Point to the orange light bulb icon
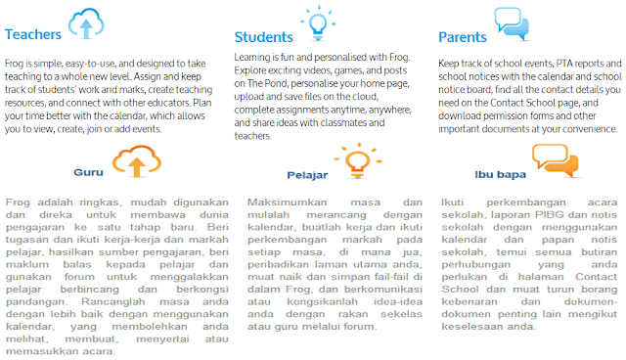tap(353, 159)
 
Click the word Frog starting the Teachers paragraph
tap(17, 61)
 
